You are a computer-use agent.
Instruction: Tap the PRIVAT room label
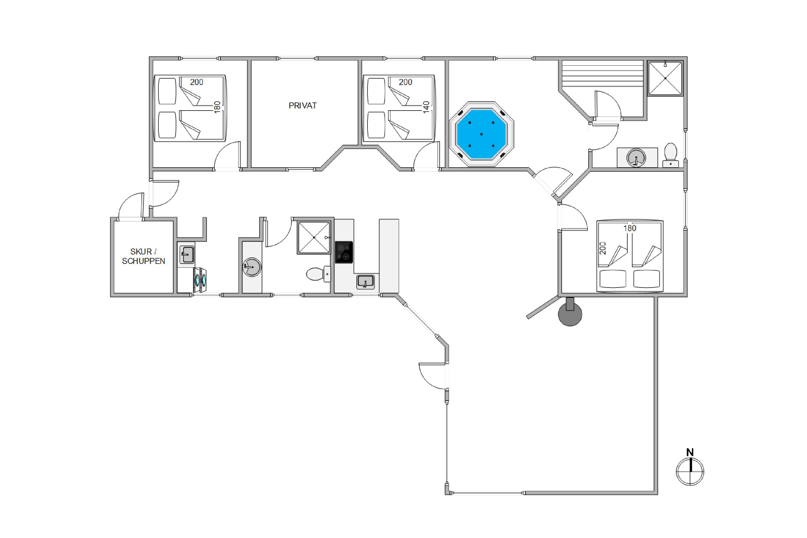[302, 106]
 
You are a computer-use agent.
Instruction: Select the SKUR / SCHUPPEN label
[143, 256]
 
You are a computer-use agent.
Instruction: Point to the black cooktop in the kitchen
[344, 252]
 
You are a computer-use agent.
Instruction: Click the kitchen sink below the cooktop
[365, 282]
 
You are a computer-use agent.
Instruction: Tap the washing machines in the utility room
[200, 280]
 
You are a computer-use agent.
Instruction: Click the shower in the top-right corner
[665, 78]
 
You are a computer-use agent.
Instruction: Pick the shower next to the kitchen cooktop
[314, 238]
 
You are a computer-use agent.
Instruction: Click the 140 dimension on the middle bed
[426, 107]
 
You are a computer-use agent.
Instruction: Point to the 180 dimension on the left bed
[217, 107]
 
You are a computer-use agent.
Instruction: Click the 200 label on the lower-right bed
[603, 248]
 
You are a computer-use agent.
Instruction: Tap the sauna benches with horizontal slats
[602, 74]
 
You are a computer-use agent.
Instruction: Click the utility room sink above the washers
[187, 254]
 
